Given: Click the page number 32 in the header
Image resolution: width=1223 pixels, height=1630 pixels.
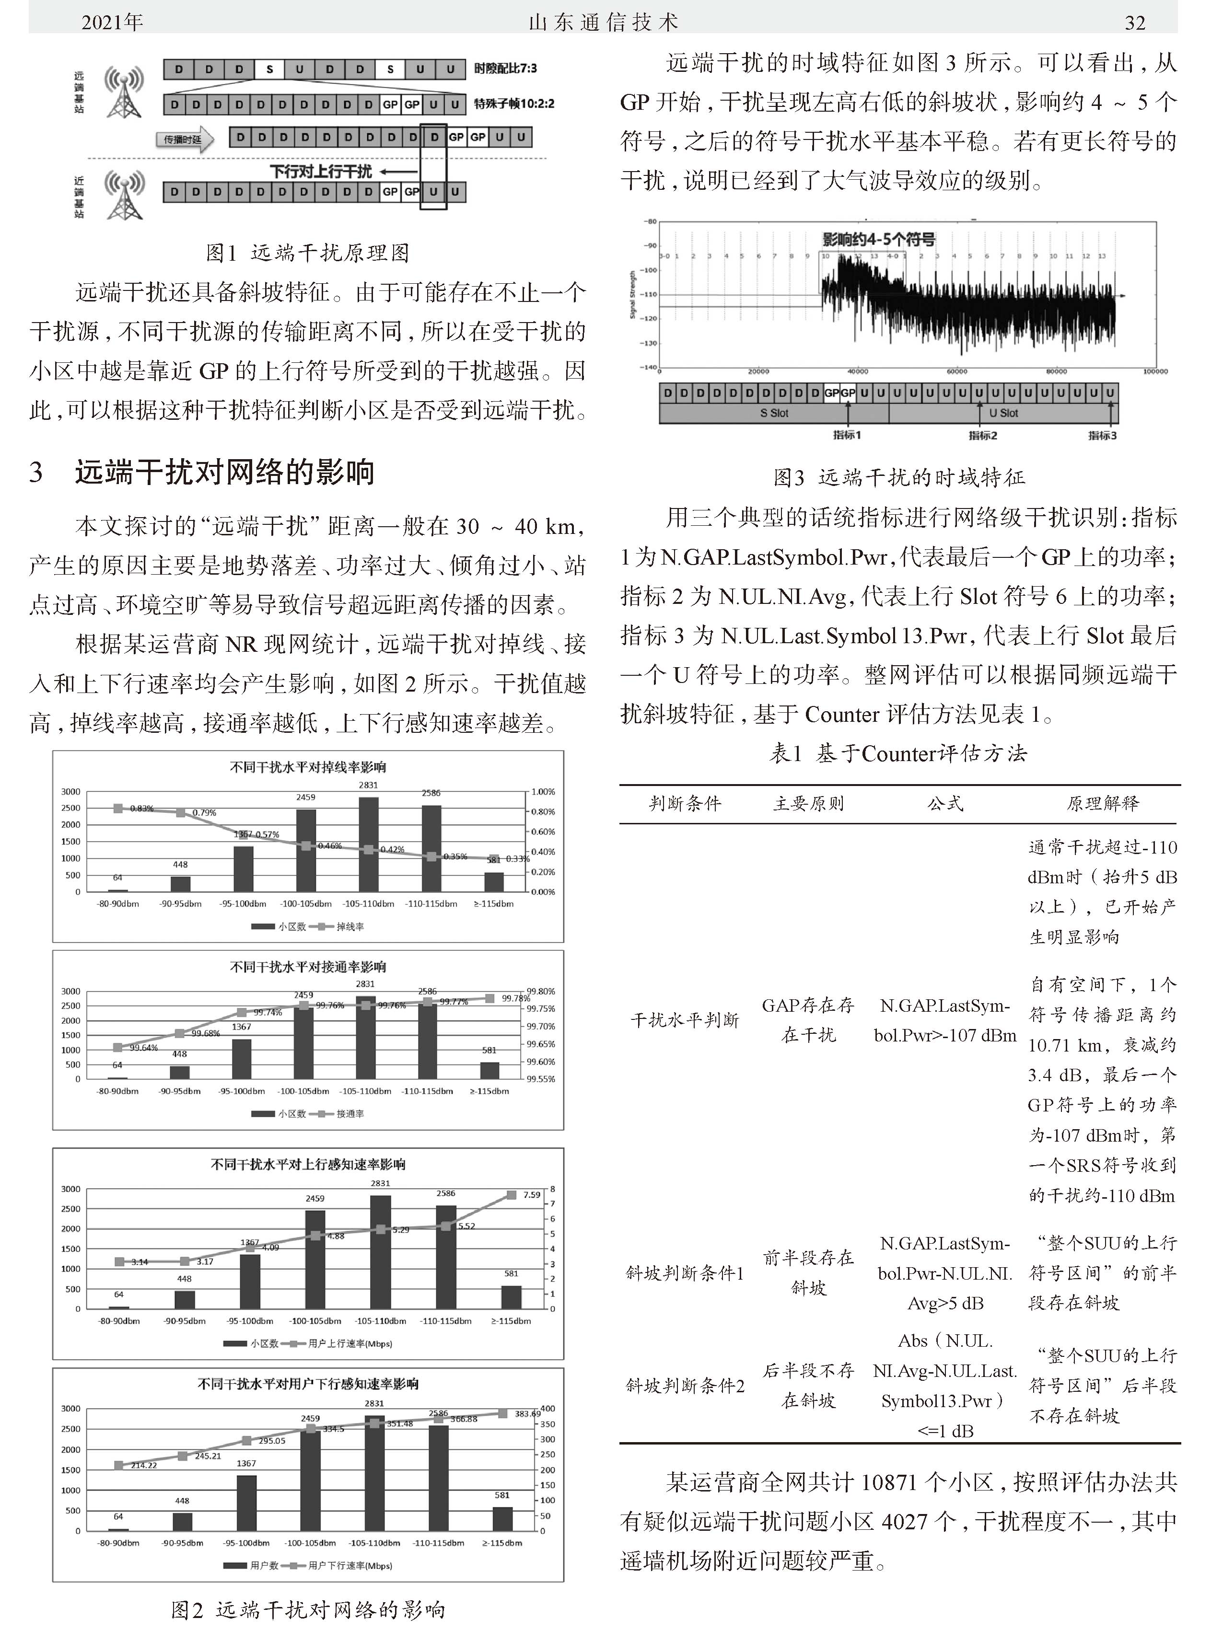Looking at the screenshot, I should [1134, 23].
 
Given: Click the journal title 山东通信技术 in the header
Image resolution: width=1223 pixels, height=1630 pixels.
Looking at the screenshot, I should [603, 23].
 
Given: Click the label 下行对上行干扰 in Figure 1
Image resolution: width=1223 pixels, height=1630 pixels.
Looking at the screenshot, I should [321, 172].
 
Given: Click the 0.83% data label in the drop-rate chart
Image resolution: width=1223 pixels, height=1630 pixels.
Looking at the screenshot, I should [141, 809].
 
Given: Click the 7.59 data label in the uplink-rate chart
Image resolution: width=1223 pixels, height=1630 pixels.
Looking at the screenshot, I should [532, 1194].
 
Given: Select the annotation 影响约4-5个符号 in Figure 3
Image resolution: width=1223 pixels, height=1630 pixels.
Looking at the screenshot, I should [879, 240].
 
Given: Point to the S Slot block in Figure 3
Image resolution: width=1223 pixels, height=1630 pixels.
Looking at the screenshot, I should [774, 414].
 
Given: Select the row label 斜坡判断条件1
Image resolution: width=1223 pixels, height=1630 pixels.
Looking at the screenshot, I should [685, 1273].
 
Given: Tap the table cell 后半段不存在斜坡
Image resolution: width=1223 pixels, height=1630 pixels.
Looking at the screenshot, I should [809, 1386].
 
